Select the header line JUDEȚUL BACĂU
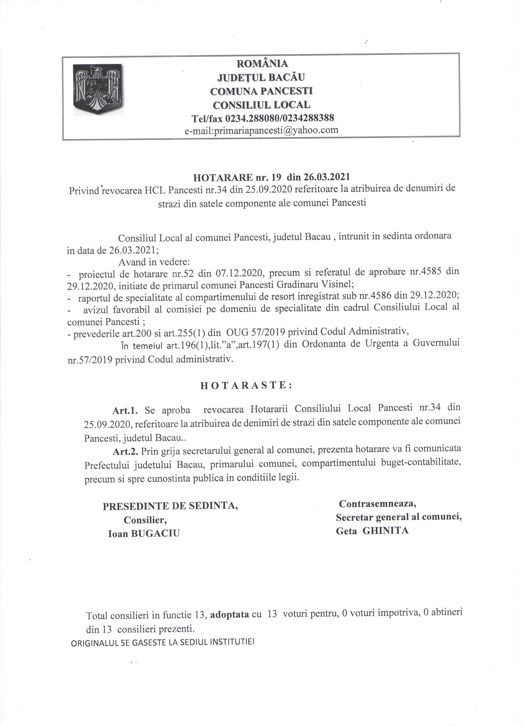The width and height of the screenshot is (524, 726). coord(261,77)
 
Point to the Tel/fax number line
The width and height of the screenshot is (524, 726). coord(262,118)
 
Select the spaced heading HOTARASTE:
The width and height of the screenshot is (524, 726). coord(246,385)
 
